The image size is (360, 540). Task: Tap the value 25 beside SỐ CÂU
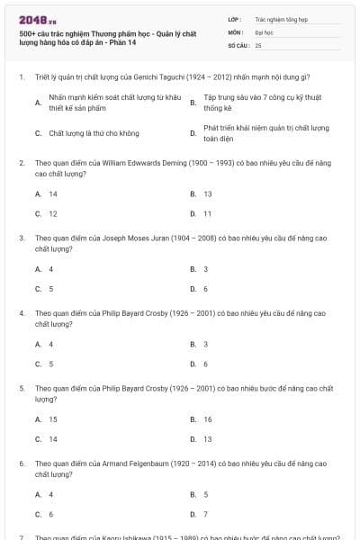coord(258,44)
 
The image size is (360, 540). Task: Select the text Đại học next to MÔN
coord(262,31)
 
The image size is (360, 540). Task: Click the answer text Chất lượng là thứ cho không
coord(94,133)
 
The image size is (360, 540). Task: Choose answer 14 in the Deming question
coord(53,193)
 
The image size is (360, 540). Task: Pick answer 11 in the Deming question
coord(207,214)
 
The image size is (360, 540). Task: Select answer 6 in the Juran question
coord(205,289)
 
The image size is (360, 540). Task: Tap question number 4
coord(21,313)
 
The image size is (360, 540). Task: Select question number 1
coord(21,77)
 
